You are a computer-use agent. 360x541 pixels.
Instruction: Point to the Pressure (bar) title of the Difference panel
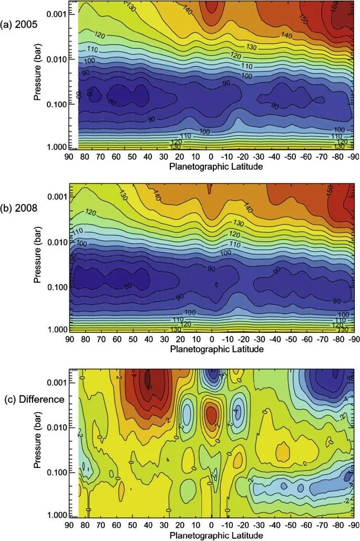(x=37, y=443)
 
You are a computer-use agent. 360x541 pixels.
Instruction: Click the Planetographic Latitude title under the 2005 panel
(x=216, y=167)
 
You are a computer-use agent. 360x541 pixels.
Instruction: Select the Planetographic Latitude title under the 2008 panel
(x=216, y=349)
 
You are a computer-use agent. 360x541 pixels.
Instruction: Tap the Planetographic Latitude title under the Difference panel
(x=216, y=534)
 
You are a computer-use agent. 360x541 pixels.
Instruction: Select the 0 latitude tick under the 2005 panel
(x=211, y=157)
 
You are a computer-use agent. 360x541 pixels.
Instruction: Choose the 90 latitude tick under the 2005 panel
(x=68, y=157)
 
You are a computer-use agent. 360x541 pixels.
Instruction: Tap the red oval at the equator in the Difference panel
(x=211, y=415)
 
